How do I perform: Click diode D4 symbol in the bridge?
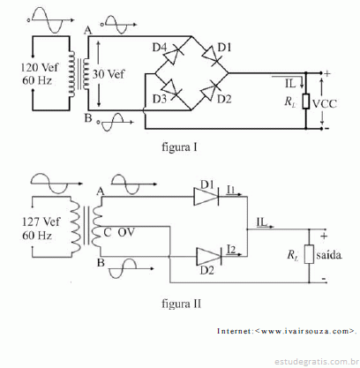pyautogui.click(x=172, y=56)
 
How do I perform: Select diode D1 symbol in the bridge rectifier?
pyautogui.click(x=211, y=56)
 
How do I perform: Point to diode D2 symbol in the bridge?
pyautogui.click(x=211, y=89)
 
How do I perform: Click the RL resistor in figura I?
pyautogui.click(x=306, y=101)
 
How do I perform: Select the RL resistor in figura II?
pyautogui.click(x=309, y=254)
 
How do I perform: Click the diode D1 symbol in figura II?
pyautogui.click(x=206, y=197)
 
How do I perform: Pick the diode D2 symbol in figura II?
pyautogui.click(x=209, y=257)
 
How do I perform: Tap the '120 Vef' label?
pyautogui.click(x=40, y=67)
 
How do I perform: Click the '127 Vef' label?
pyautogui.click(x=41, y=222)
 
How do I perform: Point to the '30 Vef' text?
pyautogui.click(x=109, y=74)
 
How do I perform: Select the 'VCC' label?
pyautogui.click(x=324, y=104)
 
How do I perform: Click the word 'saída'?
pyautogui.click(x=329, y=255)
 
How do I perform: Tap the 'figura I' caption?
pyautogui.click(x=179, y=147)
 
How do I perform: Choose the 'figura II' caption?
pyautogui.click(x=182, y=304)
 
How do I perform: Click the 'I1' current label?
pyautogui.click(x=231, y=190)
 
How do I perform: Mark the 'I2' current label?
pyautogui.click(x=231, y=250)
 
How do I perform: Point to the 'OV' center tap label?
pyautogui.click(x=126, y=232)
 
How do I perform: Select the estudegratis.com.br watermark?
pyautogui.click(x=317, y=361)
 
